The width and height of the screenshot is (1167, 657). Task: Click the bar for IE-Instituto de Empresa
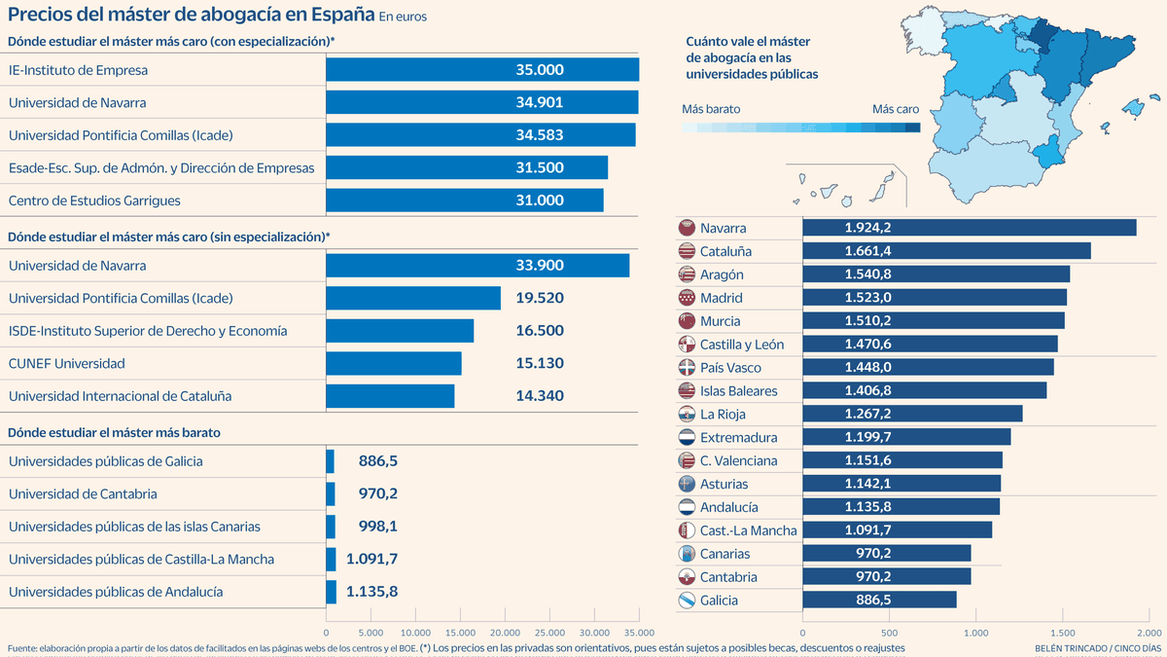click(481, 70)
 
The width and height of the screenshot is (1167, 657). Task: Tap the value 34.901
click(540, 102)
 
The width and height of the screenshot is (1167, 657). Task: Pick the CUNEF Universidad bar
click(393, 363)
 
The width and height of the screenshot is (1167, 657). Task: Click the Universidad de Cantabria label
click(82, 493)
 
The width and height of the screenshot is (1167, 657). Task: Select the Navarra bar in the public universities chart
click(969, 228)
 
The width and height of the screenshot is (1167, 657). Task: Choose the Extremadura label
click(738, 437)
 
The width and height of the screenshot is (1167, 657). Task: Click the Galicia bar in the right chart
click(879, 600)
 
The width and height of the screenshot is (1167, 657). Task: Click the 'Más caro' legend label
click(895, 109)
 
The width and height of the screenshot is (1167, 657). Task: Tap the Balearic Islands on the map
click(1134, 109)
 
